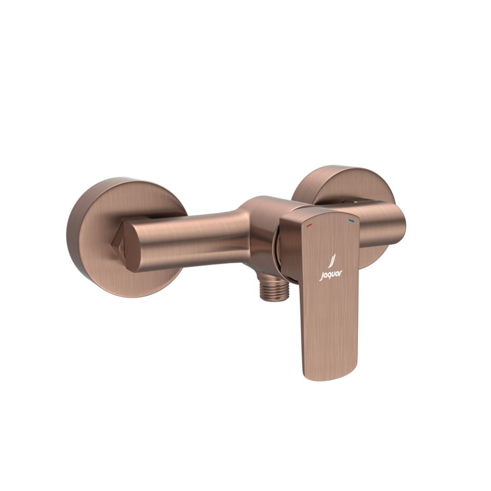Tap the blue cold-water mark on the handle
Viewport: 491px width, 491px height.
coord(351,221)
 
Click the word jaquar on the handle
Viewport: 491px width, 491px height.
coord(332,276)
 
